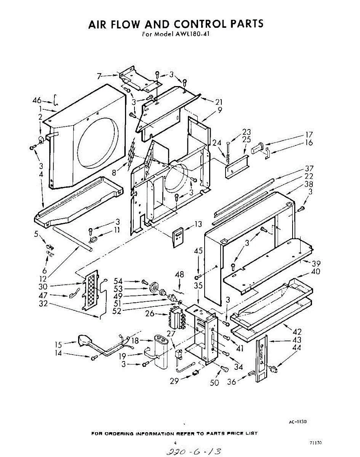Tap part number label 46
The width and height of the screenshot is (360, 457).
[x=37, y=101]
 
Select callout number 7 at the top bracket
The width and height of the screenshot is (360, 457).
[x=99, y=77]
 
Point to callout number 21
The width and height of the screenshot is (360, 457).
[x=218, y=102]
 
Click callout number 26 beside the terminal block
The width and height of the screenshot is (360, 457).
[x=150, y=314]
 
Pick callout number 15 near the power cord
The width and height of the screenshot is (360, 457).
[x=58, y=345]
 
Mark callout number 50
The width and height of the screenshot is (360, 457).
[x=214, y=382]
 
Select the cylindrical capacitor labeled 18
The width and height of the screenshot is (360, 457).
[x=163, y=350]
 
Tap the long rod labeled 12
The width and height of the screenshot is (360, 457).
[x=72, y=238]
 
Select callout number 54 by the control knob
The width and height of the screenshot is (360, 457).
[x=118, y=281]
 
